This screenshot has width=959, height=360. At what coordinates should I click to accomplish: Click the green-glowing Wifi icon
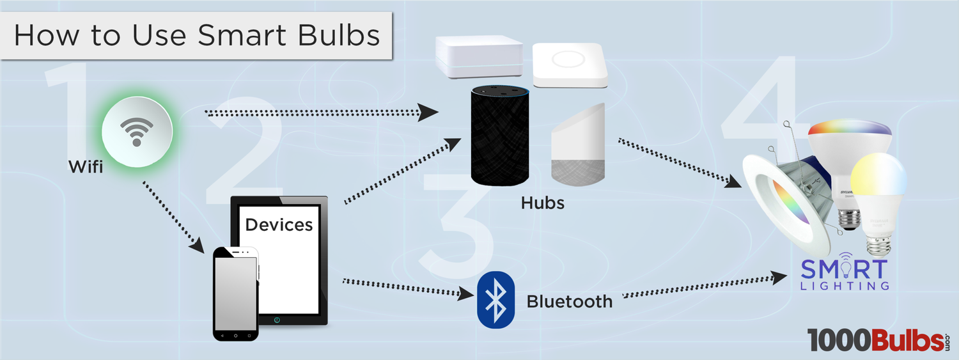point(136,130)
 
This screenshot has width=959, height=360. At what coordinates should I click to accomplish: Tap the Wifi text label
point(86,168)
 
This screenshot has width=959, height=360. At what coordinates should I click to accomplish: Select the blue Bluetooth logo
point(495,300)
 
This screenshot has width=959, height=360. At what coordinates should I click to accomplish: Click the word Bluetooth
point(569,301)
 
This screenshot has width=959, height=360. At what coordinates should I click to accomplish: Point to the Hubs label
point(542,203)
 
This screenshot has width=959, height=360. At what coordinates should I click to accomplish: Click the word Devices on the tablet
point(279,224)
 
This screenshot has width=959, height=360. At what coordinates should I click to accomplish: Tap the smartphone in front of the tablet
point(235,294)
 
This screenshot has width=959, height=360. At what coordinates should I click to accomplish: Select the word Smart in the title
point(242,35)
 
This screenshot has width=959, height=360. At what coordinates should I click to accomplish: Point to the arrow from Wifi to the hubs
point(320,114)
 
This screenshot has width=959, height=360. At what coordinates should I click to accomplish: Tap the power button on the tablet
point(276,319)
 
